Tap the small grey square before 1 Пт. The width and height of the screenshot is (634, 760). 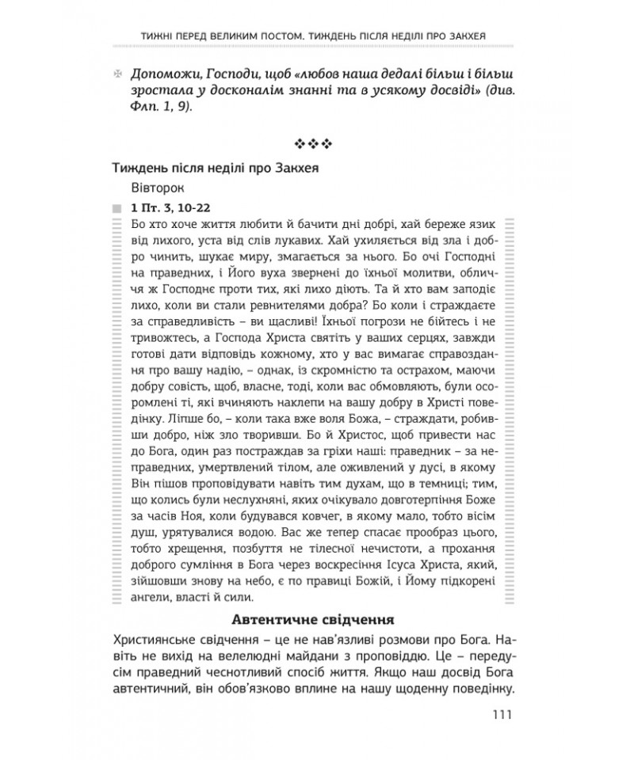[x=118, y=209]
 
